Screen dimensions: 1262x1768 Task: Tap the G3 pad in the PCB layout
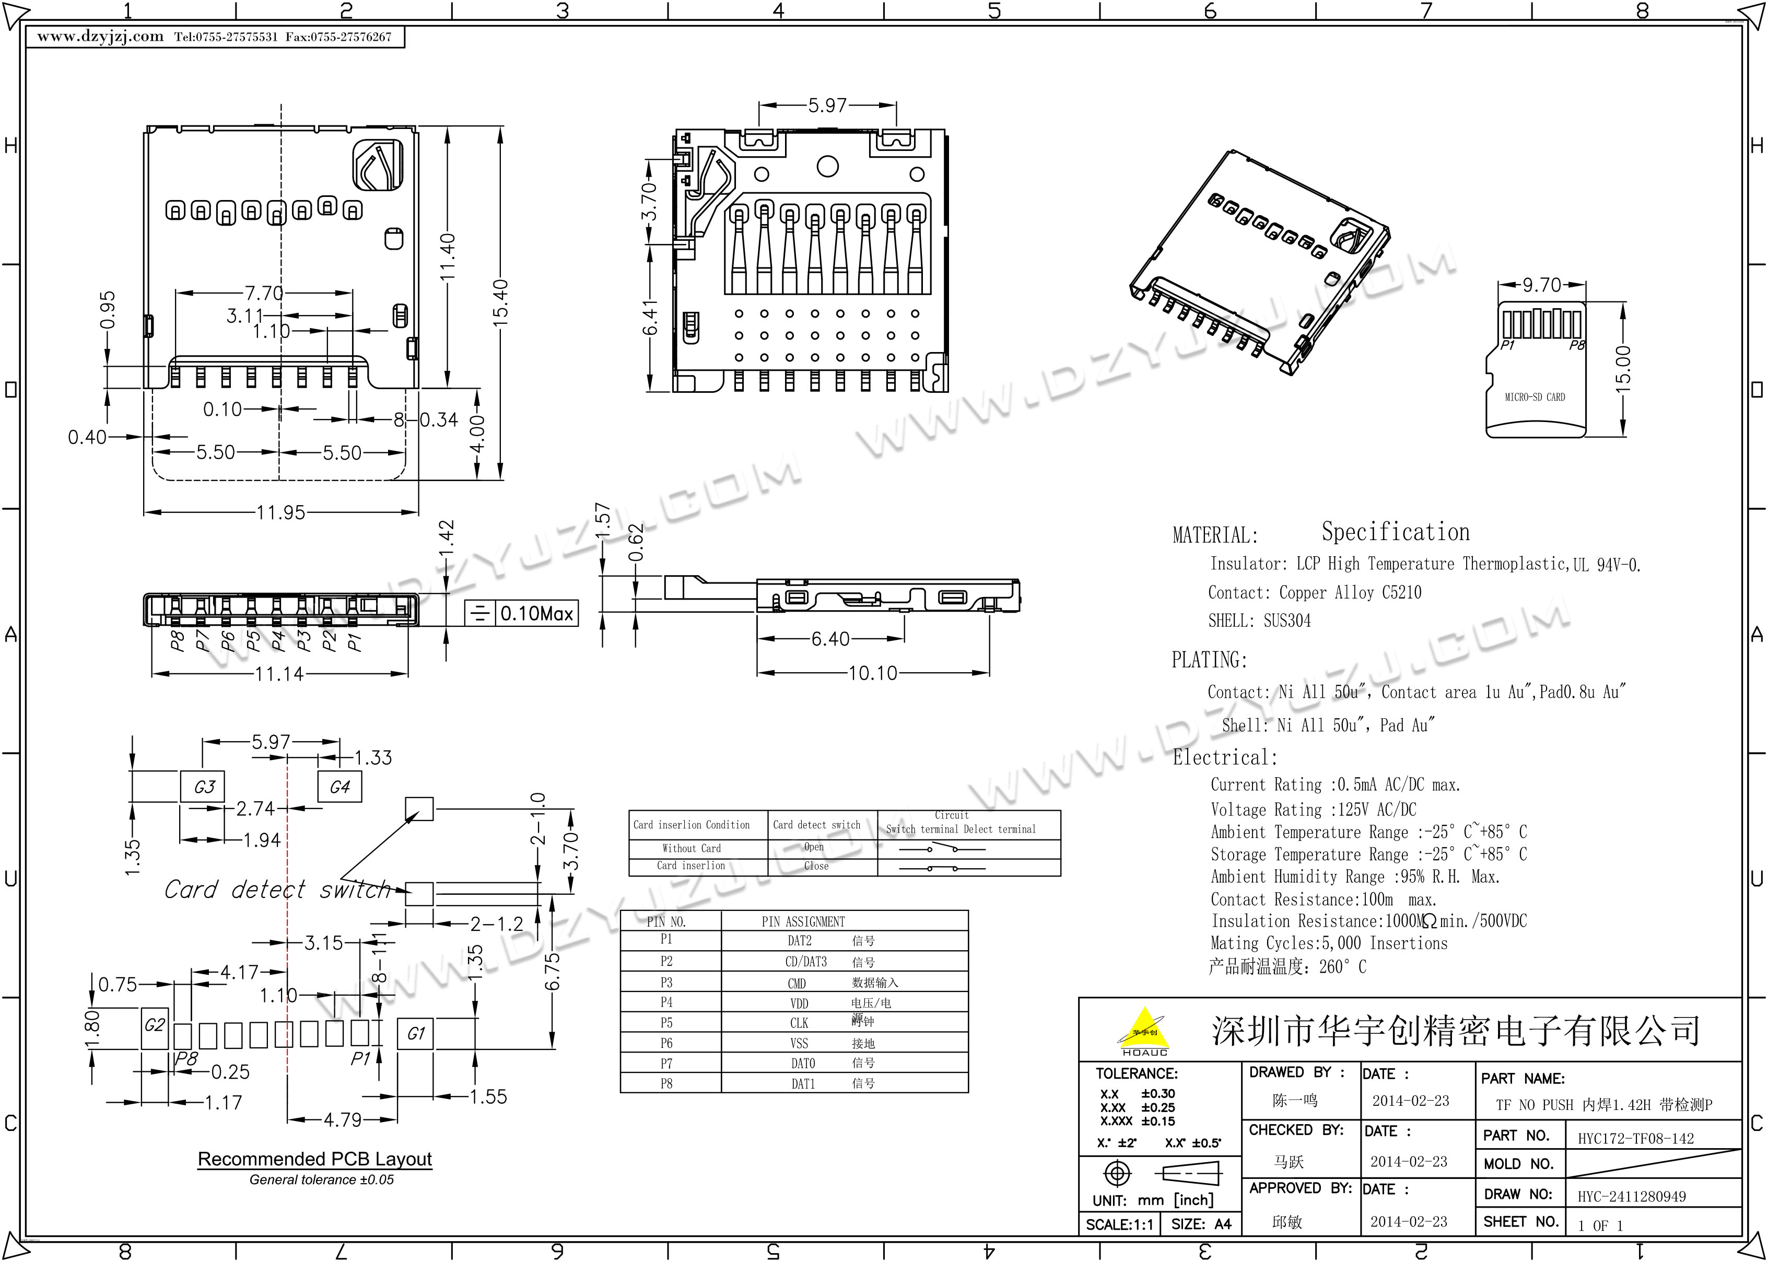[204, 787]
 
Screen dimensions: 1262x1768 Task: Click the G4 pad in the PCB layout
[339, 787]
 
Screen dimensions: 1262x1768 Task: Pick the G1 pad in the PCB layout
[416, 1034]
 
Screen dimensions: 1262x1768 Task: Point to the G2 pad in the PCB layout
[155, 1026]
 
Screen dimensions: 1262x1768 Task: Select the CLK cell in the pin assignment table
[799, 1023]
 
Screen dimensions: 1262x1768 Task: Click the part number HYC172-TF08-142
[1635, 1138]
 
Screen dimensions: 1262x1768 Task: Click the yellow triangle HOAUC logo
[1143, 1030]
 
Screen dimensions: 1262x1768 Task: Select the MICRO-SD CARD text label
[1534, 397]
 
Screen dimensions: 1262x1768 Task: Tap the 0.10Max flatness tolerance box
[536, 614]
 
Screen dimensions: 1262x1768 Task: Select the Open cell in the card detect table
[814, 847]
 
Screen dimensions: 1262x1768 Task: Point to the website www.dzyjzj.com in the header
[100, 37]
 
